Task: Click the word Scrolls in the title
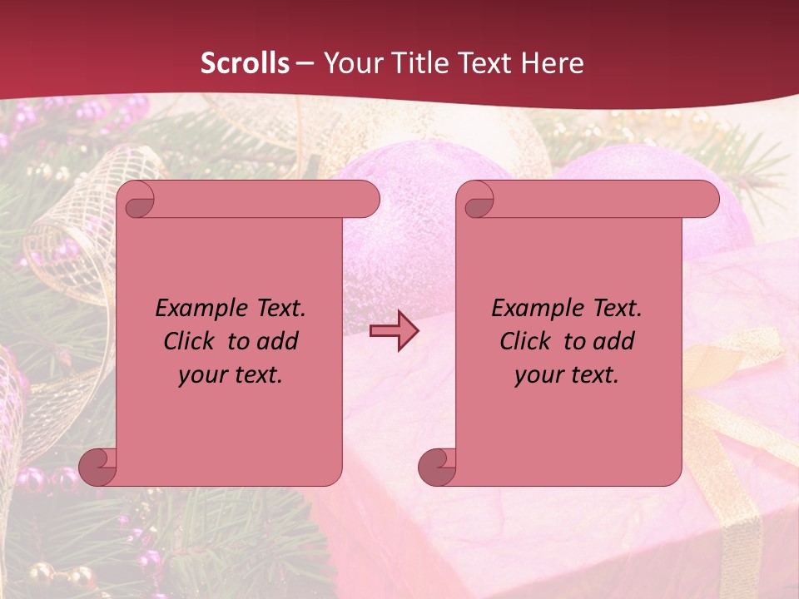pos(245,63)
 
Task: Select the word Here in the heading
pos(552,63)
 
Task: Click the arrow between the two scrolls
pos(394,331)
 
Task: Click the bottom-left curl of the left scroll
pos(98,468)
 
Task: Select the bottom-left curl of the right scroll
pos(438,468)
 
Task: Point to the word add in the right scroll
pos(614,341)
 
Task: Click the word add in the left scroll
pos(278,341)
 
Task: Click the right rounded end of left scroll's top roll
pos(366,200)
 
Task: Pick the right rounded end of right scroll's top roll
pos(706,200)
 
